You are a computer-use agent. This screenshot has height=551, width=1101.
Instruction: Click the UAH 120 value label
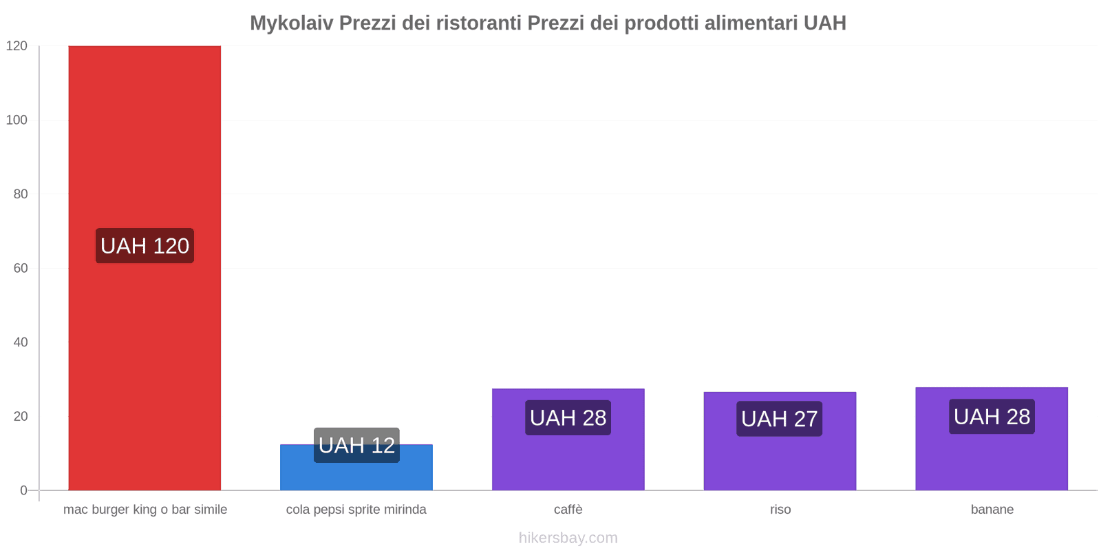tap(145, 246)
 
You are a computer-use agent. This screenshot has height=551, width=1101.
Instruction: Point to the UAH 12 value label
tap(356, 445)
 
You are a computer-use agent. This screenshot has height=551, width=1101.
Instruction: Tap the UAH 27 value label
tap(780, 419)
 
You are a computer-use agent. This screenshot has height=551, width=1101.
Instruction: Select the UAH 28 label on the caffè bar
tap(568, 417)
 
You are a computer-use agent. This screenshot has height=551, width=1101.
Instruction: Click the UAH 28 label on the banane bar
tap(992, 417)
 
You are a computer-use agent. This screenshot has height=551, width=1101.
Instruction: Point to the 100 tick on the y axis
tap(17, 120)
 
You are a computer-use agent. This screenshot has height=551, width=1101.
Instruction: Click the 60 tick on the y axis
tap(21, 268)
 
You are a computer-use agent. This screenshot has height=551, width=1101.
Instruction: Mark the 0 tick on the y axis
tap(24, 490)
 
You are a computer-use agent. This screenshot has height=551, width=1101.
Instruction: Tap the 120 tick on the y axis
tap(17, 46)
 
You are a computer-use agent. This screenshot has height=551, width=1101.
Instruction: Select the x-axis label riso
tap(780, 510)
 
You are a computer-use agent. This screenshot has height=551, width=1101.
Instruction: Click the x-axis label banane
tap(992, 510)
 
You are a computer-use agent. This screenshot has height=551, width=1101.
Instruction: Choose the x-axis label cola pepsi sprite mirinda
tap(356, 510)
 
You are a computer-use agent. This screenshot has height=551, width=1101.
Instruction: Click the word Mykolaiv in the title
tap(291, 23)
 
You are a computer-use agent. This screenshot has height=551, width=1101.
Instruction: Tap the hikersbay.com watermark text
tap(568, 538)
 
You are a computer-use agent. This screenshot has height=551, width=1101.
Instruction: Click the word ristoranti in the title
tap(479, 23)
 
